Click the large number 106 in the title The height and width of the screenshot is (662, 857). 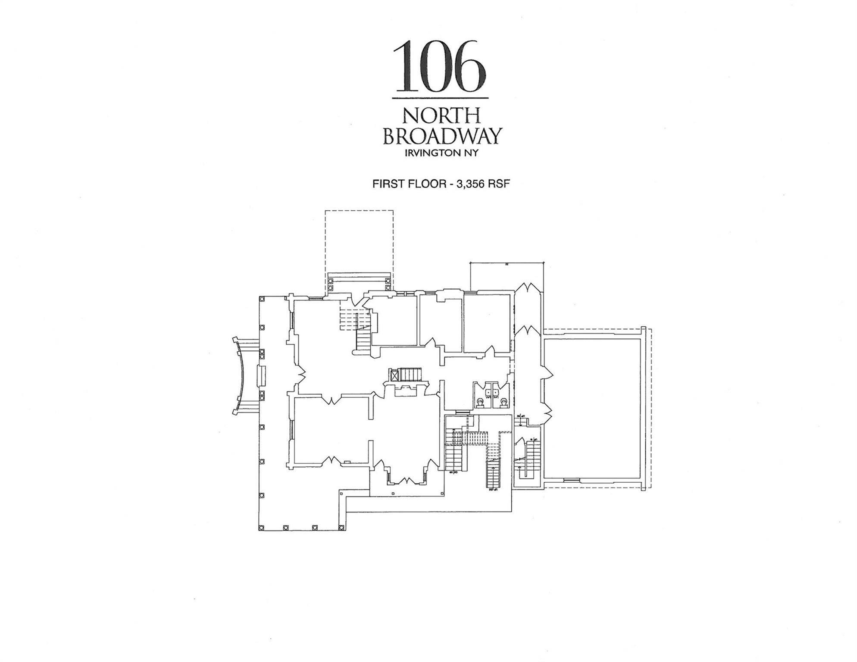click(440, 67)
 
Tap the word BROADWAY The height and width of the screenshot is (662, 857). click(442, 136)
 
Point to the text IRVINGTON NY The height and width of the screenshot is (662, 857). click(441, 153)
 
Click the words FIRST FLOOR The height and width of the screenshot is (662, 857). click(409, 184)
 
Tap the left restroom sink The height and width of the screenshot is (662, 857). click(488, 392)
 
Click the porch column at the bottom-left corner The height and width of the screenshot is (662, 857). click(261, 528)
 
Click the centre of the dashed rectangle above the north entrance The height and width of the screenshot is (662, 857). click(359, 241)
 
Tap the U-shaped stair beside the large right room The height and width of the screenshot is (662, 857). click(528, 459)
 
